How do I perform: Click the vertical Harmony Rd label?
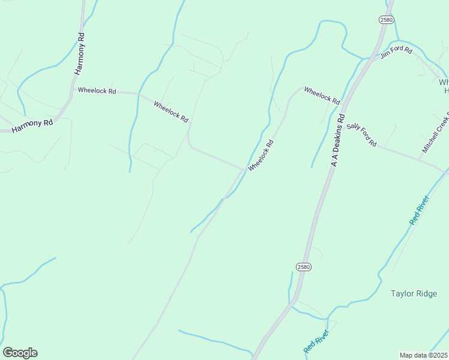point(80,54)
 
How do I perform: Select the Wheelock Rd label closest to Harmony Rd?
point(97,91)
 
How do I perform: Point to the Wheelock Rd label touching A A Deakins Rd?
point(322,95)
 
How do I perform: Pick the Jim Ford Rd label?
point(396,53)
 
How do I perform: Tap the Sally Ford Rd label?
point(361,134)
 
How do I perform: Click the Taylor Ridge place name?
point(414,293)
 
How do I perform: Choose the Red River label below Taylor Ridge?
point(316,341)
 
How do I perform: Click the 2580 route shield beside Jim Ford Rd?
point(386,20)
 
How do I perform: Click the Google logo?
point(20,353)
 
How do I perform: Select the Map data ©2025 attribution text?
point(424,355)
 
